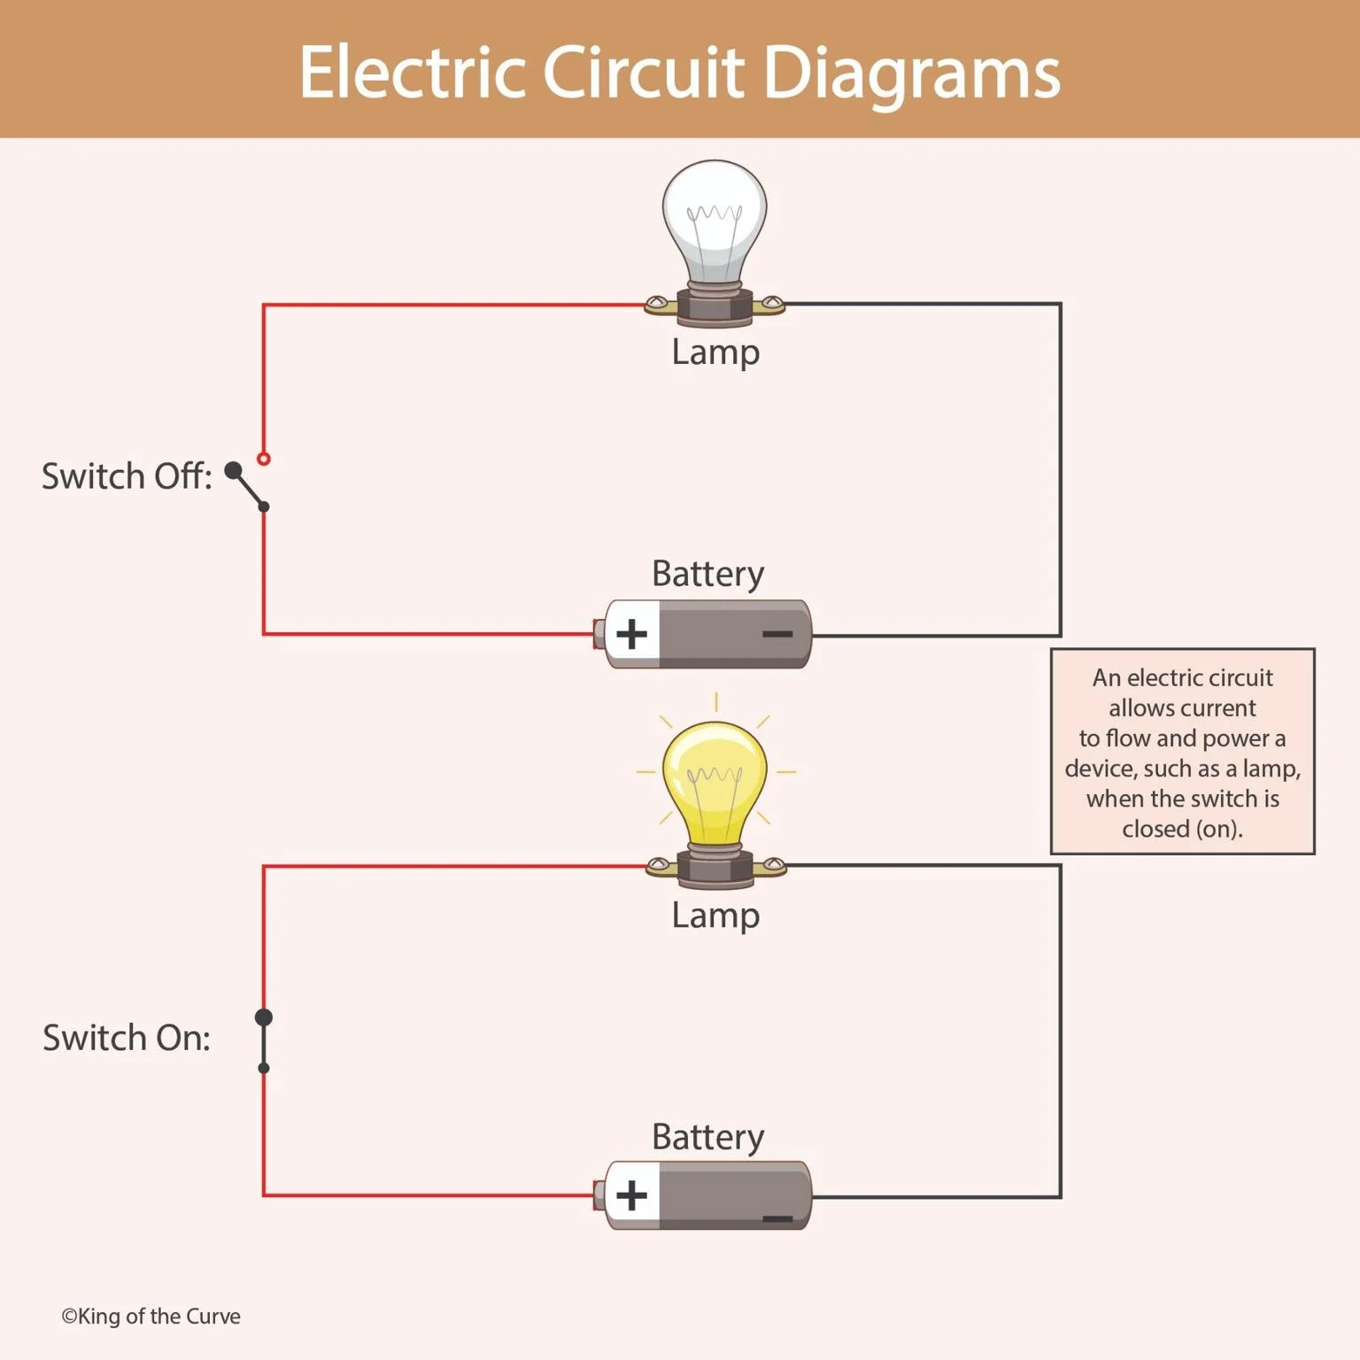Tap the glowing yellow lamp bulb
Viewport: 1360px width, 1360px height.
(x=715, y=784)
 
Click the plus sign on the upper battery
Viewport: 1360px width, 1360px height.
(x=632, y=634)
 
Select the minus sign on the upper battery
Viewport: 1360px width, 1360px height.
(x=777, y=634)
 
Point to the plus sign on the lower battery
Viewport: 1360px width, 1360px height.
(x=632, y=1195)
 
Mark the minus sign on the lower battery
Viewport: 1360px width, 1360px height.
(x=777, y=1219)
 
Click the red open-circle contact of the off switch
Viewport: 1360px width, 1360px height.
(x=263, y=459)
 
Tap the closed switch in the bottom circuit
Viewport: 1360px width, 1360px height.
(x=264, y=1042)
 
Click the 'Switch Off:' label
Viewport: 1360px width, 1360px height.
(x=127, y=476)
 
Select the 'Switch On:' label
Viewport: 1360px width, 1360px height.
(x=127, y=1038)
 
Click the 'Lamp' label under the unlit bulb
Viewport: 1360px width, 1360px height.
(x=715, y=352)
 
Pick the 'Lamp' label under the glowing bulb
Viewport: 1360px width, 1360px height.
(x=715, y=916)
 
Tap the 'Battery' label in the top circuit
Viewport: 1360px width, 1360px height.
(x=707, y=574)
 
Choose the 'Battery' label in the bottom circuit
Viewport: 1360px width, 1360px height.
(x=707, y=1137)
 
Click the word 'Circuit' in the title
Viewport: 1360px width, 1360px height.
(x=643, y=73)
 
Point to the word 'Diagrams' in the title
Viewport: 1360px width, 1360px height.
(x=911, y=73)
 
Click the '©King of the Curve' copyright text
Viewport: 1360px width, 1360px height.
(x=151, y=1317)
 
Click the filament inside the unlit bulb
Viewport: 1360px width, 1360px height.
(x=715, y=213)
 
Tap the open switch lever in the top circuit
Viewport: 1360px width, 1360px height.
(x=248, y=488)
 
